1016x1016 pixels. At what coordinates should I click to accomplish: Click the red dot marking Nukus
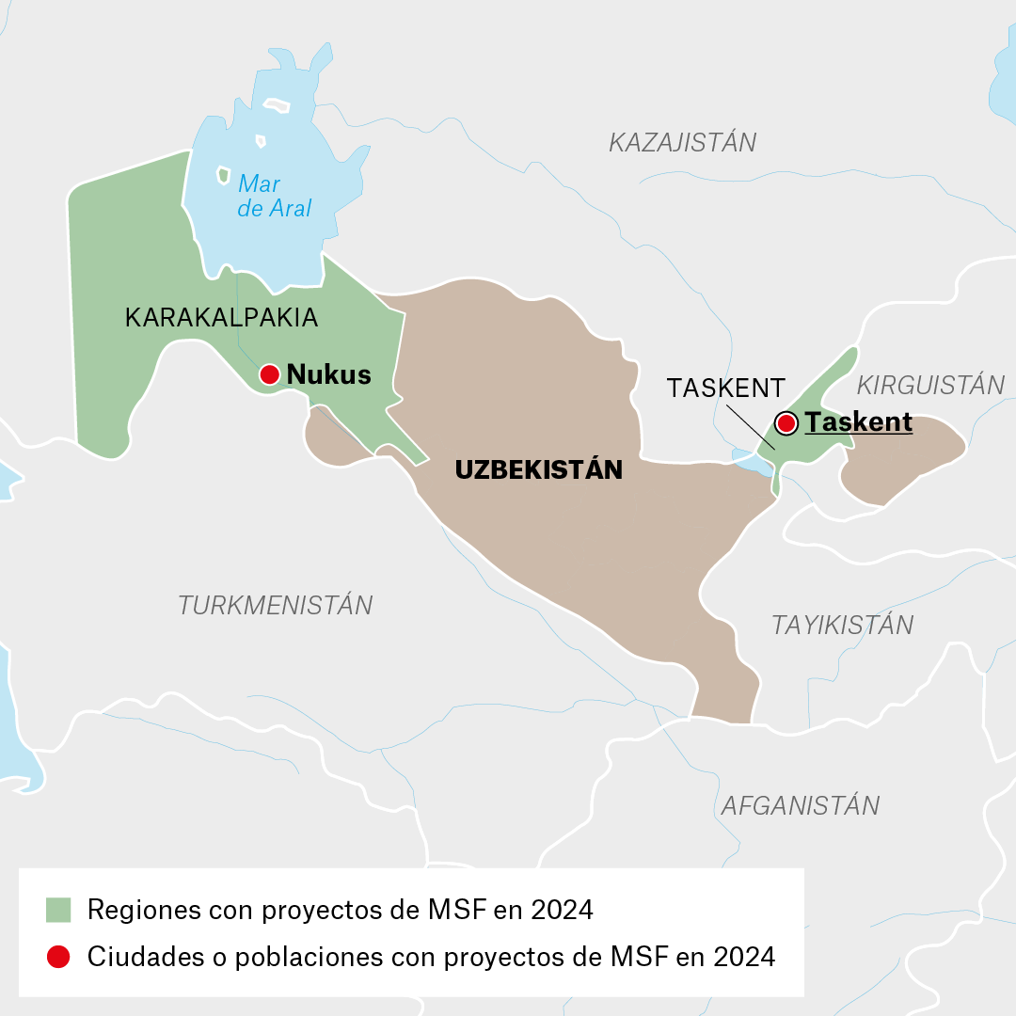pyautogui.click(x=269, y=374)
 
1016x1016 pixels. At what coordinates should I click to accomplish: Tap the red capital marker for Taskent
pyautogui.click(x=786, y=422)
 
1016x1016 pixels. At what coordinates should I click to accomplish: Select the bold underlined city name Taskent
pyautogui.click(x=859, y=422)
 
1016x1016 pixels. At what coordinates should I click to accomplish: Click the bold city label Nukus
pyautogui.click(x=328, y=374)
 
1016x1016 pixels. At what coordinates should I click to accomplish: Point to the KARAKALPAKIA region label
pyautogui.click(x=221, y=318)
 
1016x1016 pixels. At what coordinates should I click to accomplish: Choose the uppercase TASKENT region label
pyautogui.click(x=725, y=388)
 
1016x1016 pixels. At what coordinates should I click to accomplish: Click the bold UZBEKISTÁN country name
pyautogui.click(x=538, y=470)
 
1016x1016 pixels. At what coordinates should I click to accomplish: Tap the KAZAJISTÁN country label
pyautogui.click(x=682, y=143)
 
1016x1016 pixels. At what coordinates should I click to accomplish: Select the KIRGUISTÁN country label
pyautogui.click(x=930, y=385)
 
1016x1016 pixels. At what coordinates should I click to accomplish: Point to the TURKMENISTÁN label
pyautogui.click(x=276, y=605)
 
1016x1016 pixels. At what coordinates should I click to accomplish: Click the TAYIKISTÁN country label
pyautogui.click(x=842, y=625)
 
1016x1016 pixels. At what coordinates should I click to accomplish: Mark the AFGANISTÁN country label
pyautogui.click(x=800, y=805)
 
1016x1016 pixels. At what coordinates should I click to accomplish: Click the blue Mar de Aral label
pyautogui.click(x=274, y=196)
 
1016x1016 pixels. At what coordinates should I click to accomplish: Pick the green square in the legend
pyautogui.click(x=58, y=910)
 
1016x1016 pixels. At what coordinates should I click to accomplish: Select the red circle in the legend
pyautogui.click(x=58, y=957)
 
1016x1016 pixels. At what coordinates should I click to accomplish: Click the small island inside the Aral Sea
pyautogui.click(x=223, y=175)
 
